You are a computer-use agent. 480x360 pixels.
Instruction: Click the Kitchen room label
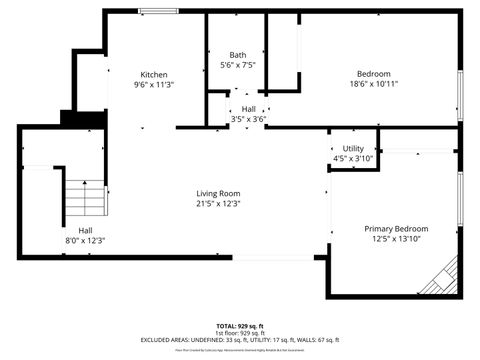tap(153, 75)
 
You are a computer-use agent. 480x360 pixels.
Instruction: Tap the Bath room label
tap(237, 55)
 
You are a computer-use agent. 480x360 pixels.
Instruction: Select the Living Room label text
tap(218, 194)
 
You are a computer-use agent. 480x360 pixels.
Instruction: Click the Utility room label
tap(353, 149)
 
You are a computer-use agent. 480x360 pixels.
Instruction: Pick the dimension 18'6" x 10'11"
tap(373, 84)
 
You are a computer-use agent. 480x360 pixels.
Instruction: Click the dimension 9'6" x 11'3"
tap(153, 85)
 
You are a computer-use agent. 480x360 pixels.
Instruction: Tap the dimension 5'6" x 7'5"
tap(237, 65)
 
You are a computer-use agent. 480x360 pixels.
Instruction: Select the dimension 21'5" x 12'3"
tap(218, 204)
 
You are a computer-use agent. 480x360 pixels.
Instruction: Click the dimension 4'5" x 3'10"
tap(353, 158)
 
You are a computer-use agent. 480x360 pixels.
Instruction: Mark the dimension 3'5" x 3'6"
tap(248, 119)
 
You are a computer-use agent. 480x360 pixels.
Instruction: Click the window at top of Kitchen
tap(153, 12)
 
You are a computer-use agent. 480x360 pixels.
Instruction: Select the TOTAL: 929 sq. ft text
tap(240, 326)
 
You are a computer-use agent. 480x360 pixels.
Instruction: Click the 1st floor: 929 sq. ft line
tap(240, 333)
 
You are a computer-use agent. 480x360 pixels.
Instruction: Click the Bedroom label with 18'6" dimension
tap(373, 74)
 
